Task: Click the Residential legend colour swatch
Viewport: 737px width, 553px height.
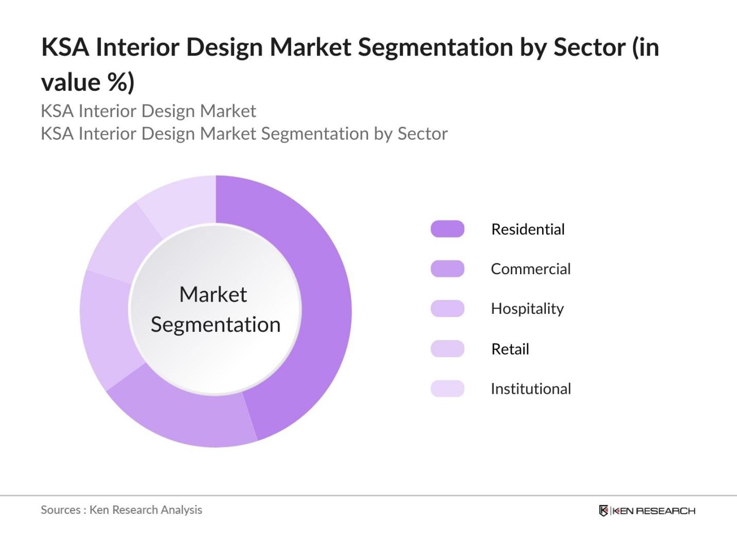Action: [x=447, y=229]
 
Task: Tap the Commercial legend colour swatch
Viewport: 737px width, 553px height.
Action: [x=447, y=269]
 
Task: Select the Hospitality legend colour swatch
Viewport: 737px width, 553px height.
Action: [x=447, y=308]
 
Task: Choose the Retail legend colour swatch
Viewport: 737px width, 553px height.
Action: [x=447, y=349]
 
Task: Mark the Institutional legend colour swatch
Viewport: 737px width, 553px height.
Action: [x=447, y=389]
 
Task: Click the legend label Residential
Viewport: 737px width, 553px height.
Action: [x=528, y=229]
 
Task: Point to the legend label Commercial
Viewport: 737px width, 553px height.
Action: [x=530, y=269]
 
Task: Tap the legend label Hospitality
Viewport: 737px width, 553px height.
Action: [x=527, y=309]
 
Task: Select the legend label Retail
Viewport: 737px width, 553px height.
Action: [x=510, y=349]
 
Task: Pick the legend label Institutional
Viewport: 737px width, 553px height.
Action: [x=531, y=389]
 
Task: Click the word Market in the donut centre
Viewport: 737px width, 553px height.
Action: [x=213, y=295]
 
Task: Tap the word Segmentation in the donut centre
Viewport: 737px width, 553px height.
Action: [x=215, y=325]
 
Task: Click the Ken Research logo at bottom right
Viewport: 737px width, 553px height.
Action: [x=647, y=511]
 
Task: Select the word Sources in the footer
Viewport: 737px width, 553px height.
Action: [x=60, y=510]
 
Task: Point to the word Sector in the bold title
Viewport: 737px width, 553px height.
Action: [x=590, y=47]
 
